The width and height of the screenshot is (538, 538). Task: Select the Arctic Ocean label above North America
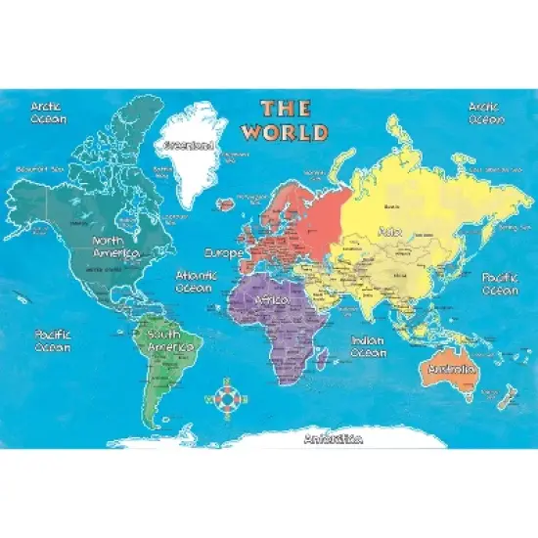click(x=48, y=112)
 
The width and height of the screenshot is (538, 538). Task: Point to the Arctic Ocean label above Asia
click(x=485, y=112)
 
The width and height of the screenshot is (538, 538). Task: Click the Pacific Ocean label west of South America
click(x=52, y=340)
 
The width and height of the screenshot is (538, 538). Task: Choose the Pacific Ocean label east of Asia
click(x=500, y=284)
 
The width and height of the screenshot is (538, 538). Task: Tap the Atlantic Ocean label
click(x=196, y=282)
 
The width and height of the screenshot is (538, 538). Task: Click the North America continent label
click(x=114, y=247)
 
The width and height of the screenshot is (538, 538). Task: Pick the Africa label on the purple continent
click(x=269, y=299)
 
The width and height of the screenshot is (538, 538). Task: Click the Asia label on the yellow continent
click(x=388, y=232)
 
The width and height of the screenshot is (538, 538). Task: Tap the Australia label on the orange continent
click(x=451, y=369)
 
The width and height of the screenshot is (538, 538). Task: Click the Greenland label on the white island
click(x=189, y=144)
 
